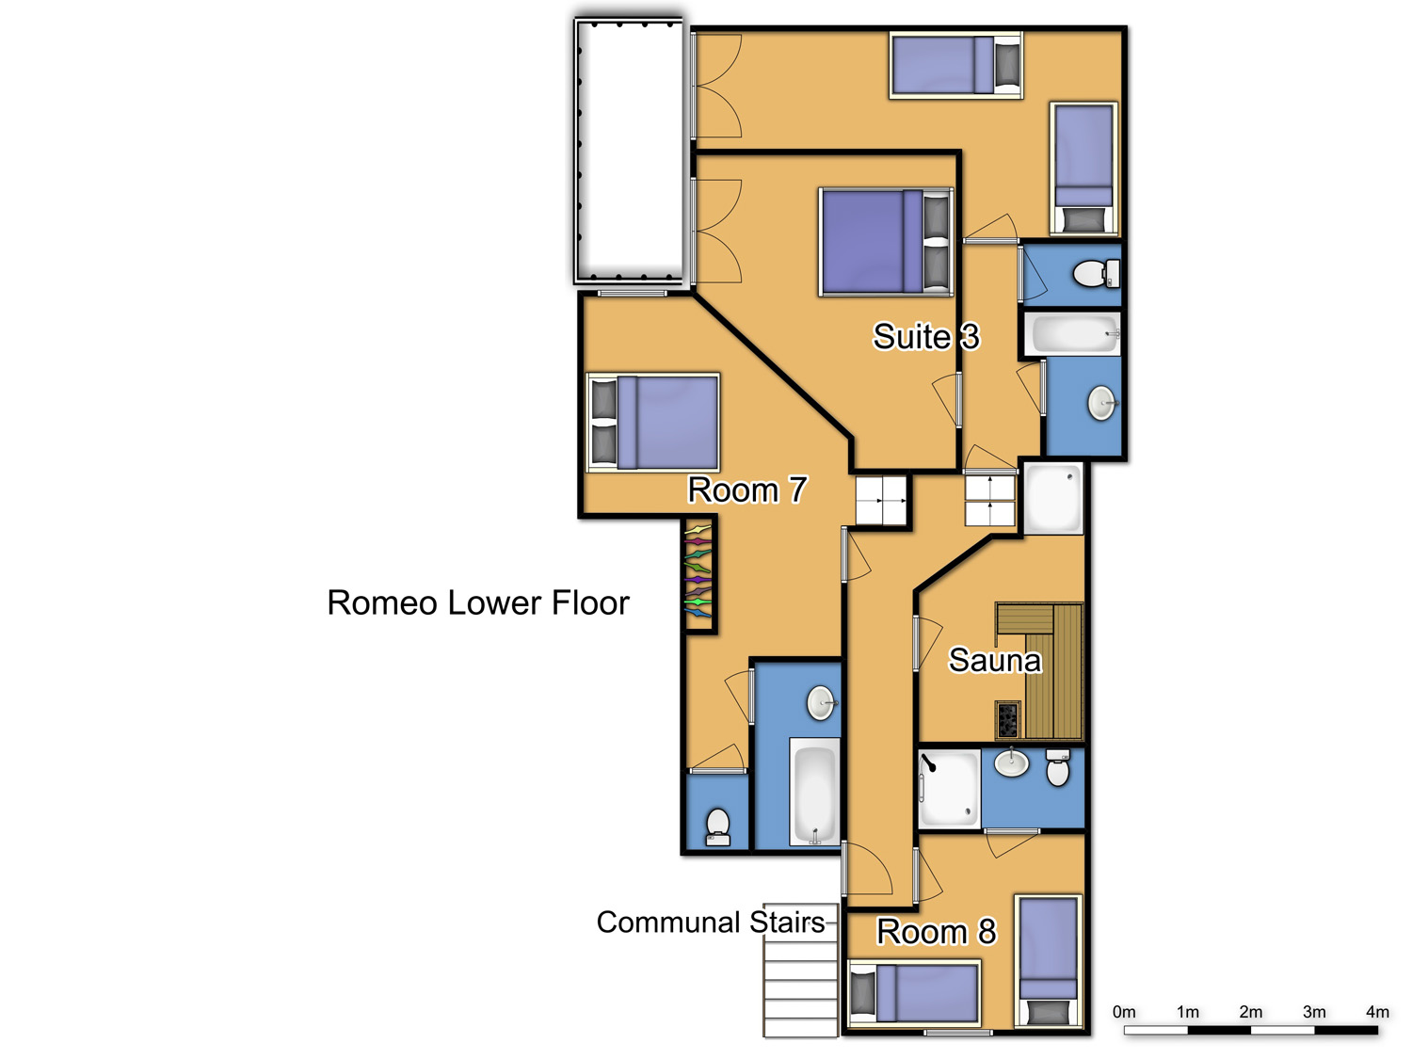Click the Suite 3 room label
[x=925, y=336]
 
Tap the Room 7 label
[x=746, y=489]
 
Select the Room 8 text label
[x=936, y=932]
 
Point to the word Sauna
[x=994, y=661]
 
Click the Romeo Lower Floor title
[x=478, y=603]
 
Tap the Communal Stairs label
[x=710, y=923]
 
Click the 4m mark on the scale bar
[x=1377, y=1012]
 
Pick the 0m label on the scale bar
[x=1124, y=1012]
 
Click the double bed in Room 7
[x=653, y=423]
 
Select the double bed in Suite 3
[x=886, y=242]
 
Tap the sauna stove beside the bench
[x=1008, y=719]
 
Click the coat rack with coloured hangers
[x=698, y=576]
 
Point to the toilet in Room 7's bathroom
[x=717, y=827]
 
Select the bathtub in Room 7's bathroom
[x=814, y=792]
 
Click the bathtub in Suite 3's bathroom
[x=1071, y=334]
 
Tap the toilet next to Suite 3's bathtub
[x=1097, y=273]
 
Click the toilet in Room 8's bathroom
[x=1057, y=767]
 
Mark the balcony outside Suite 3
[x=629, y=152]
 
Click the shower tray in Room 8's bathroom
[x=948, y=788]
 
